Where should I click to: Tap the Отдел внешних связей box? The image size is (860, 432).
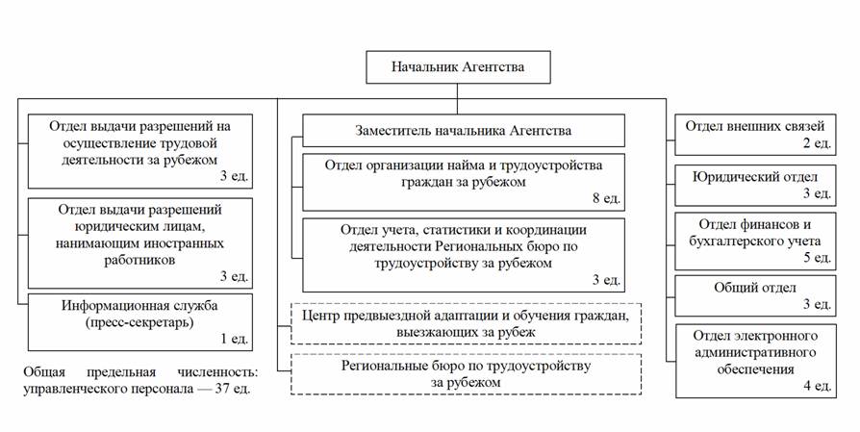pyautogui.click(x=753, y=133)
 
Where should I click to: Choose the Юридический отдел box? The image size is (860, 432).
pyautogui.click(x=753, y=186)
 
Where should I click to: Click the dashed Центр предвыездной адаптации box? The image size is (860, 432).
pyautogui.click(x=466, y=323)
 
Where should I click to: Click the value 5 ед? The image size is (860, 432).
pyautogui.click(x=816, y=258)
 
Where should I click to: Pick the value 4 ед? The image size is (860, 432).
pyautogui.click(x=816, y=386)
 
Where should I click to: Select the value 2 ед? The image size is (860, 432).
pyautogui.click(x=816, y=143)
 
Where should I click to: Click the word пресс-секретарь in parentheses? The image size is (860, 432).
pyautogui.click(x=140, y=322)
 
